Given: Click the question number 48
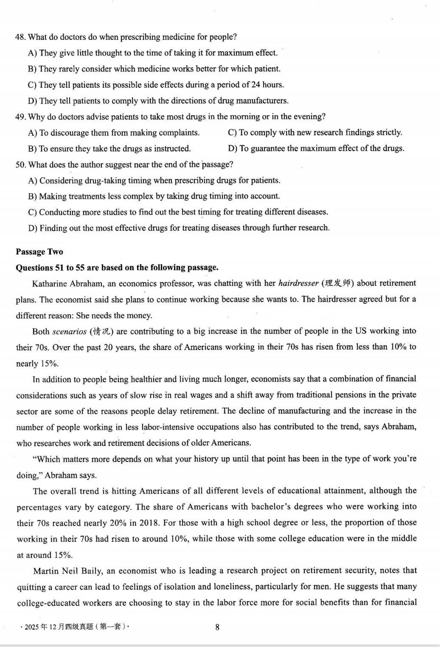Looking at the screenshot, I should [20, 37].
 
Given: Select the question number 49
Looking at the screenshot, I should [20, 117].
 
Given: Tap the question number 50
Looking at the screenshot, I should [20, 165].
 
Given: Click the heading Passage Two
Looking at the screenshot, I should [40, 251].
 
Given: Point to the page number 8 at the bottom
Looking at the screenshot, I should [217, 627].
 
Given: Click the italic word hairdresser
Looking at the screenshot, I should [298, 283].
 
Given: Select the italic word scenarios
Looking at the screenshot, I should [70, 331].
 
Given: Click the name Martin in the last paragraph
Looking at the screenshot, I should [46, 571].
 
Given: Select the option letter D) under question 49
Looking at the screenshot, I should [233, 149].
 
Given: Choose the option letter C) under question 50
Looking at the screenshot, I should [33, 212].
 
